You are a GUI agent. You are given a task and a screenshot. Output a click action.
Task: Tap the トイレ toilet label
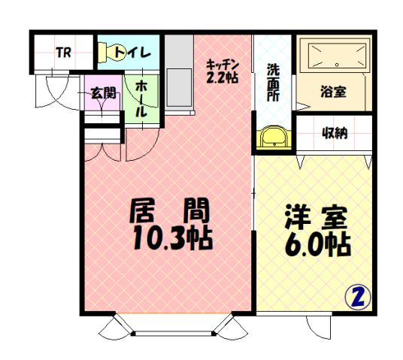click(135, 53)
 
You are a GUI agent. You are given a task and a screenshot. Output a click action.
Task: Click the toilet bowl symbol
click(106, 52)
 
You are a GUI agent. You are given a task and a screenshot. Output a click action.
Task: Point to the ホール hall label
click(142, 98)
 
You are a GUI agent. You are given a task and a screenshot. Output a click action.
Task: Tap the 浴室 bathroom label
click(333, 92)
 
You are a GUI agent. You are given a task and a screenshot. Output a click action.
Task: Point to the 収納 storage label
click(335, 134)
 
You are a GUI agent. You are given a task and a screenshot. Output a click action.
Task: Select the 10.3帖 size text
click(171, 238)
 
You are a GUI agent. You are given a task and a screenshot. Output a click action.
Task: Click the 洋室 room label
click(315, 218)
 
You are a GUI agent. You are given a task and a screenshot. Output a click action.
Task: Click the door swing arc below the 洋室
click(319, 327)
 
